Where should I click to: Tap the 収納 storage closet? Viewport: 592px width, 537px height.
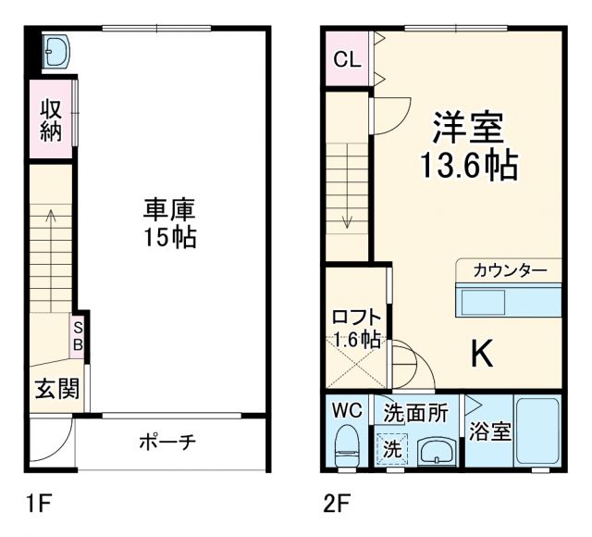[x=50, y=119]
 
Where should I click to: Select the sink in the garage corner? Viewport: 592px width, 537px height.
[x=56, y=53]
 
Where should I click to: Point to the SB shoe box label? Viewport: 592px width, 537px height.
[x=79, y=335]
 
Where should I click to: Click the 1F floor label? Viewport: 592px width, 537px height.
[x=40, y=505]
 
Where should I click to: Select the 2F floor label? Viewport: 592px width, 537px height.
[x=338, y=505]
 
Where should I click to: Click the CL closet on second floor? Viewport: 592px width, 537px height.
[x=347, y=62]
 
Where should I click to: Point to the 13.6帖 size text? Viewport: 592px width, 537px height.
[x=468, y=167]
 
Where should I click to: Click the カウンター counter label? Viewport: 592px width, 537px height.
[x=509, y=270]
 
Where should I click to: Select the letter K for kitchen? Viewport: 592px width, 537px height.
[x=482, y=352]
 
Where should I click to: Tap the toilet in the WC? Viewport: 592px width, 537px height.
[x=348, y=446]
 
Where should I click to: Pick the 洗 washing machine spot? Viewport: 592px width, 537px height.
[x=393, y=450]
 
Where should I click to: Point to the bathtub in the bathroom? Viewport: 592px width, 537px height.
[x=536, y=432]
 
